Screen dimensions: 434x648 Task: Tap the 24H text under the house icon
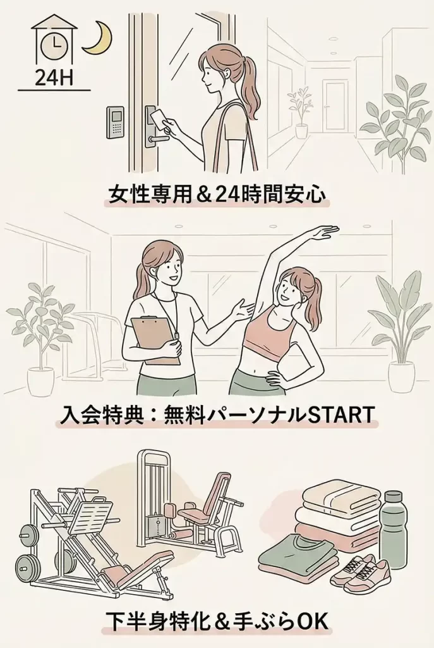tap(54, 77)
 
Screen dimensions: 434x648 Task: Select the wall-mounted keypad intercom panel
tap(115, 123)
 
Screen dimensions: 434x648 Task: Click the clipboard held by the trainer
tap(155, 340)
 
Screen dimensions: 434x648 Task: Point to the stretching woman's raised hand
tap(323, 234)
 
